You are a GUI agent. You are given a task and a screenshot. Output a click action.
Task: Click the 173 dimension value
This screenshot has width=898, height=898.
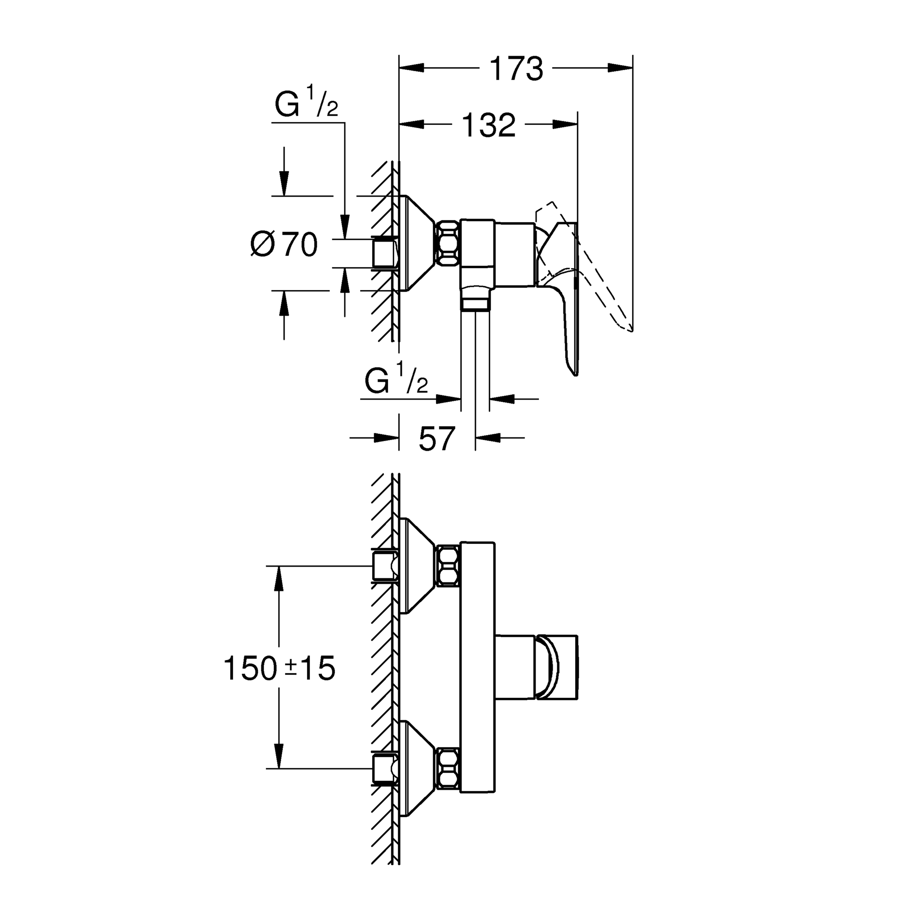[x=516, y=69]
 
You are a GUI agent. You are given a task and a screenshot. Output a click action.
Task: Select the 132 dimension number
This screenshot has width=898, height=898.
[x=489, y=124]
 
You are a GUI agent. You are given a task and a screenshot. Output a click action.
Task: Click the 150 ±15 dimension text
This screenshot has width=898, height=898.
[x=279, y=669]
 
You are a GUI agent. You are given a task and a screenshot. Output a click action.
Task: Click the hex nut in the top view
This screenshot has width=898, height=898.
[x=447, y=243]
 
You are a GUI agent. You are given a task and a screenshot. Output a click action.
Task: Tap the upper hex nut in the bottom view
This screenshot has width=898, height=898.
[x=447, y=566]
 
